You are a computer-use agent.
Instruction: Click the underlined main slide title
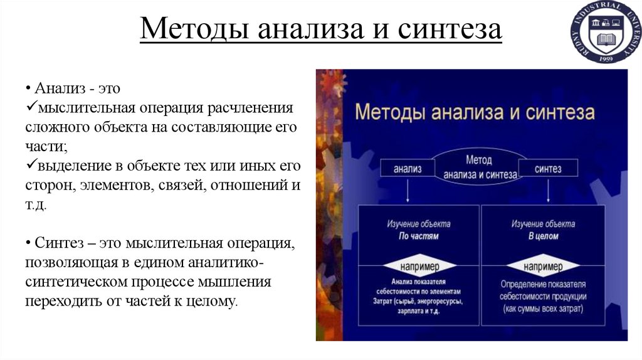click(320, 30)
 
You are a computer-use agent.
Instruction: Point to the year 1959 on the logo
click(605, 58)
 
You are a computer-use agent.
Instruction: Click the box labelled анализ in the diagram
click(407, 169)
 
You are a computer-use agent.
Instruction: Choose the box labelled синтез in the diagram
click(548, 169)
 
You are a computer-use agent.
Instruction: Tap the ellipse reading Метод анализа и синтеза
click(479, 167)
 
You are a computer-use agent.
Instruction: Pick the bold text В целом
click(543, 236)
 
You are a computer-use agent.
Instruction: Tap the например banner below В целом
click(543, 267)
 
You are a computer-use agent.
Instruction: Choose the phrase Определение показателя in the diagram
click(543, 284)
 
